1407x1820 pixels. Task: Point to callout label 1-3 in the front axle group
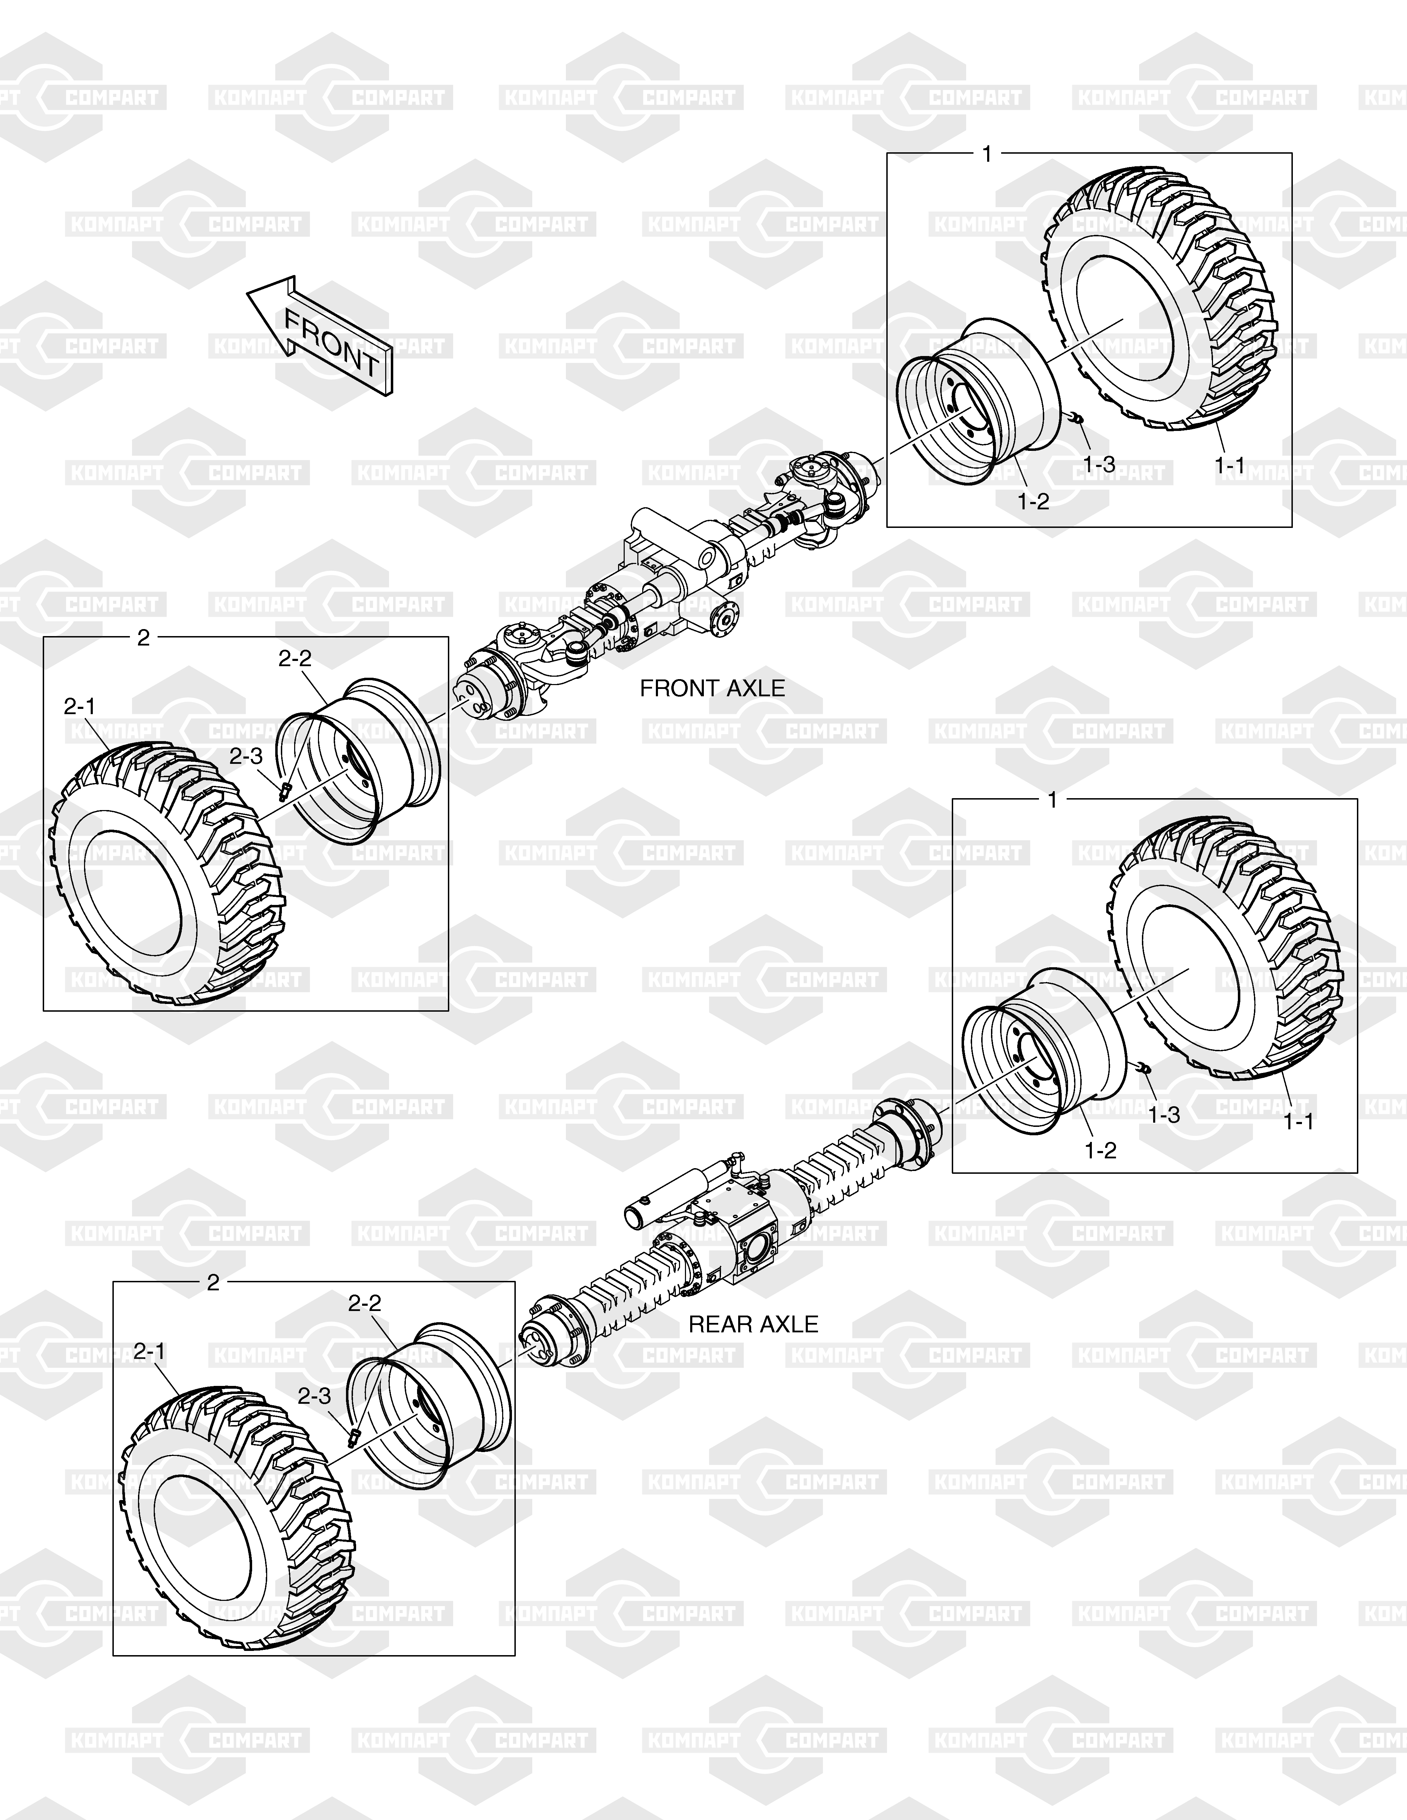click(1098, 464)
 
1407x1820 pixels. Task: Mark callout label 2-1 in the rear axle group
click(149, 1352)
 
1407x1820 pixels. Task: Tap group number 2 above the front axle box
click(143, 638)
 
